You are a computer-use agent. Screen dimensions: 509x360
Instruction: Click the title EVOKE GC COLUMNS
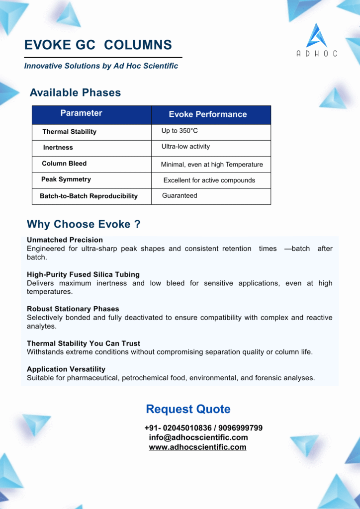pyautogui.click(x=98, y=45)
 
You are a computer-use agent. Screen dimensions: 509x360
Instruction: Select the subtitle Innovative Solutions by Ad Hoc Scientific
pyautogui.click(x=101, y=66)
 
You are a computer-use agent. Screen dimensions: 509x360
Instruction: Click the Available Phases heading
pyautogui.click(x=75, y=92)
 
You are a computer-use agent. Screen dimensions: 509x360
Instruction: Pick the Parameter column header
pyautogui.click(x=81, y=113)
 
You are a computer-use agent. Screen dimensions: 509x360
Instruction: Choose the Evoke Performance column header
pyautogui.click(x=207, y=114)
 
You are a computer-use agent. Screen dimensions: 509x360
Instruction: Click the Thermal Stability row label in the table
pyautogui.click(x=69, y=132)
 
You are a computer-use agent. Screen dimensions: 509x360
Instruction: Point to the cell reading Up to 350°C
pyautogui.click(x=180, y=131)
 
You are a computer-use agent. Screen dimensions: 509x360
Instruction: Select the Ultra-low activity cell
pyautogui.click(x=185, y=147)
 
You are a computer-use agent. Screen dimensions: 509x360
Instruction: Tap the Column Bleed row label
pyautogui.click(x=64, y=164)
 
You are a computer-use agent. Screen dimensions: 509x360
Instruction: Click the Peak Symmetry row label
pyautogui.click(x=66, y=179)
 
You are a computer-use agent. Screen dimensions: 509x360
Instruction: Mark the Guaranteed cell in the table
pyautogui.click(x=180, y=196)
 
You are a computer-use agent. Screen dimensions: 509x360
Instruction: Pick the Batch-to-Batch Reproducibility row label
pyautogui.click(x=89, y=196)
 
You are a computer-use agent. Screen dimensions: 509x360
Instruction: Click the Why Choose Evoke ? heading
pyautogui.click(x=84, y=224)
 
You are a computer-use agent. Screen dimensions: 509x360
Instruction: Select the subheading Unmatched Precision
pyautogui.click(x=65, y=240)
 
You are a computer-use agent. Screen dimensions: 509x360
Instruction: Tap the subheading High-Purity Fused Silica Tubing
pyautogui.click(x=83, y=274)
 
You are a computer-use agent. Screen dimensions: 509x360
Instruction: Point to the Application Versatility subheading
pyautogui.click(x=66, y=369)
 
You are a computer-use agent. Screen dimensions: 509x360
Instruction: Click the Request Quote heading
pyautogui.click(x=188, y=409)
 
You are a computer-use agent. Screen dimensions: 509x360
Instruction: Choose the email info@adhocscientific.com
pyautogui.click(x=198, y=437)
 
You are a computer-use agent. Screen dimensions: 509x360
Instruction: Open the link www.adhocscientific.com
pyautogui.click(x=197, y=447)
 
